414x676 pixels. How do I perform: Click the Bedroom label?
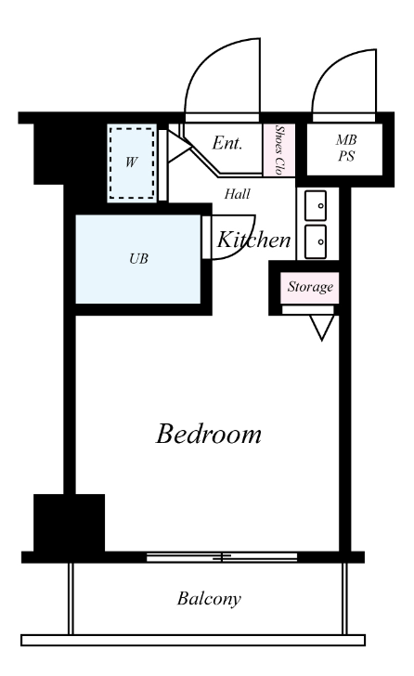point(209,434)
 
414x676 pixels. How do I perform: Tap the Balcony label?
point(210,599)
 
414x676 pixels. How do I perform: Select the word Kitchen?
point(253,240)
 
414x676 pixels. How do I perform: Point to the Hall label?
point(237,194)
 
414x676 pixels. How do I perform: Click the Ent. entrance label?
point(227,143)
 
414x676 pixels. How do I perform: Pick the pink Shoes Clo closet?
point(279,150)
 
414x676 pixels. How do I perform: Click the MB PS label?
point(346,148)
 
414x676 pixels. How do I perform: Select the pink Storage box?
point(310,288)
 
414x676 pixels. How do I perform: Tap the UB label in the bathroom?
point(138,259)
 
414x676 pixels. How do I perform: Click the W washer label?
point(132,162)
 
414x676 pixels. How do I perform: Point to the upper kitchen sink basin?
point(316,205)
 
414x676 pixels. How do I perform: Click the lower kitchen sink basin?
point(316,241)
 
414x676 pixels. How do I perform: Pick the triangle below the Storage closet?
point(322,328)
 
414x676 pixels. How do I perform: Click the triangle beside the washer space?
point(179,148)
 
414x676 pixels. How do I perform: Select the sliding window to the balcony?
point(222,557)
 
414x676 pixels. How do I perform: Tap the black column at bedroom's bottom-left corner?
point(69,523)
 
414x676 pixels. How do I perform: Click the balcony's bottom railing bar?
point(193,640)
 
